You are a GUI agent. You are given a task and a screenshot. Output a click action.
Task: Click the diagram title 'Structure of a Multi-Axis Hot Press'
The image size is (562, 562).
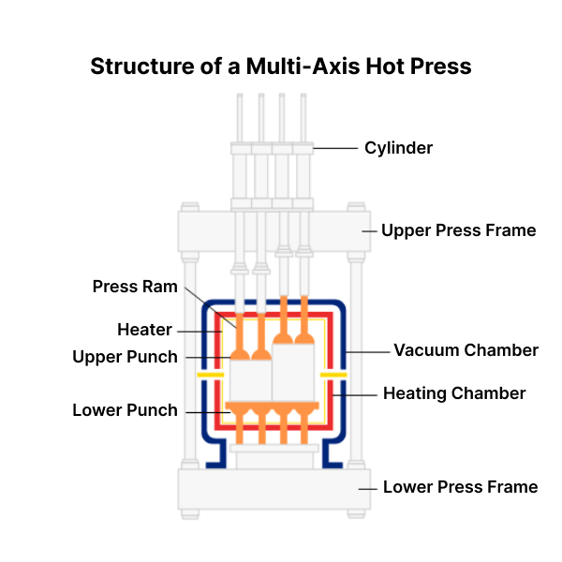click(x=281, y=67)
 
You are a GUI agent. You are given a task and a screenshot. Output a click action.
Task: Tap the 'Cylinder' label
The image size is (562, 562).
click(x=398, y=147)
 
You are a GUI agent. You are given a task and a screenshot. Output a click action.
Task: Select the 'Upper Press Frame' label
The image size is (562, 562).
click(x=458, y=230)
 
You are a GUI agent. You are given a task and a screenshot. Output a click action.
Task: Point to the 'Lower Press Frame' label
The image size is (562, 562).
click(x=460, y=486)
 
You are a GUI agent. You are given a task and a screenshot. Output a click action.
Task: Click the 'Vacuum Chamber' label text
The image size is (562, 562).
click(x=466, y=350)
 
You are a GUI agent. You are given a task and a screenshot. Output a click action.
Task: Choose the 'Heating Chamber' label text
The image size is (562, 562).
click(x=454, y=393)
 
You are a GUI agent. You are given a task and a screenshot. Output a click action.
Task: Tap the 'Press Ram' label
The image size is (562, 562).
click(x=135, y=287)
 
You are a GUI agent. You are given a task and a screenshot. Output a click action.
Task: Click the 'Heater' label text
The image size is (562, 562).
click(x=144, y=330)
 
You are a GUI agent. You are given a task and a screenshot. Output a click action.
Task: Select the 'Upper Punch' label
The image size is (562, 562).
click(x=125, y=357)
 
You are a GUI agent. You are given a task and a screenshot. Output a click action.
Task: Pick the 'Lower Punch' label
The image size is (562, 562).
click(x=125, y=410)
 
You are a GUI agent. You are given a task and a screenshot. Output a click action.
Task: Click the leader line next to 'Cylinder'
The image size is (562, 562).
click(x=336, y=147)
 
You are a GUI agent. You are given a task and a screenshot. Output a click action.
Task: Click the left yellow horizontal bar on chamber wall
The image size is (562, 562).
click(x=212, y=375)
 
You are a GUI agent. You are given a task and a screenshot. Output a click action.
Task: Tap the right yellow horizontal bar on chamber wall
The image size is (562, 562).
click(x=333, y=375)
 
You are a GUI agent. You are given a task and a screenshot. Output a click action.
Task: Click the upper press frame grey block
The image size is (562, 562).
click(x=272, y=230)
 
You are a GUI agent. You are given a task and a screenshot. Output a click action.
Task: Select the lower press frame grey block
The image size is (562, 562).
click(x=272, y=488)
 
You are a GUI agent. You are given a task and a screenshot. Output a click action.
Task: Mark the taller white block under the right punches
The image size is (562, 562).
click(x=292, y=373)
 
